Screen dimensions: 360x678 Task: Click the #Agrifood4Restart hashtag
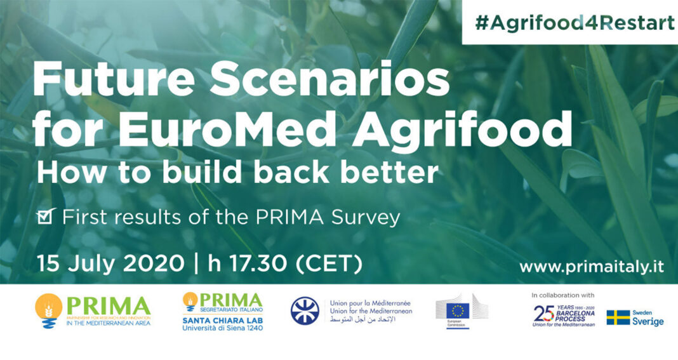pyautogui.click(x=575, y=22)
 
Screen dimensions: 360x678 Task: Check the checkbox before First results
pyautogui.click(x=46, y=217)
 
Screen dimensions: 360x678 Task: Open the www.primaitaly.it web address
pyautogui.click(x=592, y=267)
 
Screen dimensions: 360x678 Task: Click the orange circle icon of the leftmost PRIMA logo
pyautogui.click(x=49, y=305)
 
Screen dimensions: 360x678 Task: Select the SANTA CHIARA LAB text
pyautogui.click(x=222, y=319)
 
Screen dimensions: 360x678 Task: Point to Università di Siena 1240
pyautogui.click(x=222, y=328)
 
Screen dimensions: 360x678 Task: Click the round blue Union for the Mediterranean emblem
pyautogui.click(x=305, y=311)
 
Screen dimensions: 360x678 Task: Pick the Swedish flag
pyautogui.click(x=618, y=317)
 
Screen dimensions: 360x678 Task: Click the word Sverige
pyautogui.click(x=648, y=322)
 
